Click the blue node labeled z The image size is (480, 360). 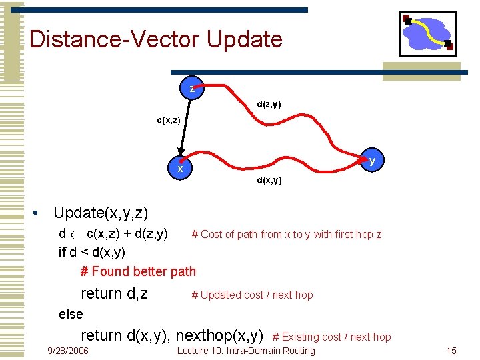191,88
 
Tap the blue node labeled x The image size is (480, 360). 180,167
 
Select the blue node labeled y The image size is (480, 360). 371,160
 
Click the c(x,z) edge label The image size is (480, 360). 169,120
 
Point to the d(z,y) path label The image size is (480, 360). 269,105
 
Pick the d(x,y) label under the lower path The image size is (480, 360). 269,180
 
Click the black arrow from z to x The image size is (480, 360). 185,128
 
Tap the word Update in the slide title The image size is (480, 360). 244,39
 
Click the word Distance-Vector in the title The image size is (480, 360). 114,39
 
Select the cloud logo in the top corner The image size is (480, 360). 428,34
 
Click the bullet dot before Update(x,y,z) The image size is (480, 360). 35,213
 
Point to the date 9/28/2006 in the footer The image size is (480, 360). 67,351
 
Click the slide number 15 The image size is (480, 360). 451,351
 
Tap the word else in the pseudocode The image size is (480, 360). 71,315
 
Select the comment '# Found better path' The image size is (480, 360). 138,271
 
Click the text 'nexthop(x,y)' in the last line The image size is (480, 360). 219,336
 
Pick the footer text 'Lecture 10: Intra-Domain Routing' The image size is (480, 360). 246,351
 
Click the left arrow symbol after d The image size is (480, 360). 76,235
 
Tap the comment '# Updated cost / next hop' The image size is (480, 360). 252,295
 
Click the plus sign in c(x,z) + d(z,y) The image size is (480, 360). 127,234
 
